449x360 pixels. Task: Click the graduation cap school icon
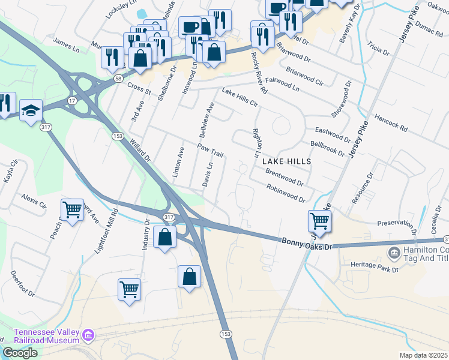pyautogui.click(x=31, y=110)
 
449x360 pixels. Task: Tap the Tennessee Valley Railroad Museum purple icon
pyautogui.click(x=88, y=334)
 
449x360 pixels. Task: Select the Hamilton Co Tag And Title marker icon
pyautogui.click(x=394, y=253)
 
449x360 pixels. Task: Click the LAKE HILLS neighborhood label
pyautogui.click(x=286, y=161)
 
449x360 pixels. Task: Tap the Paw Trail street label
pyautogui.click(x=210, y=151)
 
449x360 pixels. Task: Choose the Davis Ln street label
pyautogui.click(x=207, y=173)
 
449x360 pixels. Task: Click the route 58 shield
pyautogui.click(x=117, y=78)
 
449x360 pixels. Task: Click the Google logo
pyautogui.click(x=20, y=352)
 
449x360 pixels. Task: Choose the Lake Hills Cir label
pyautogui.click(x=240, y=98)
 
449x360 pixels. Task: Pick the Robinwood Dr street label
pyautogui.click(x=286, y=193)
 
